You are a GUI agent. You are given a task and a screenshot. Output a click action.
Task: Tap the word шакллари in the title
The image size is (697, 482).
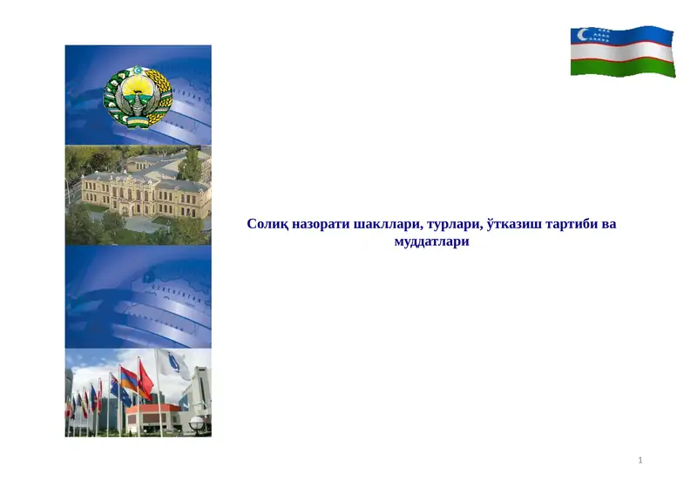click(x=386, y=225)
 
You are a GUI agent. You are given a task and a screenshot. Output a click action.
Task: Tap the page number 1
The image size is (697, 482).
click(x=639, y=459)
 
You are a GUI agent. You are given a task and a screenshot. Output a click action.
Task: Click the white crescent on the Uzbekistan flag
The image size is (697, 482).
click(x=582, y=36)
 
